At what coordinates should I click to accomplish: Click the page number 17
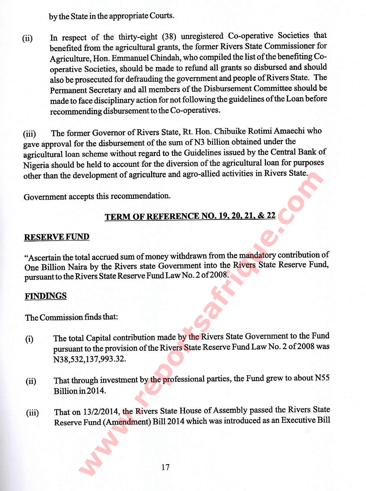point(165,467)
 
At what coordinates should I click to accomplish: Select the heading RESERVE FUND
point(57,237)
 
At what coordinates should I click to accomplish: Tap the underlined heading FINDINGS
point(46,296)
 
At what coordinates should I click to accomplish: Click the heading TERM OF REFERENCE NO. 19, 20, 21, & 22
point(190,216)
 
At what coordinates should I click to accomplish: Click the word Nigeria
point(36,165)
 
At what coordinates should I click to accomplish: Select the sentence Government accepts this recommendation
point(97,196)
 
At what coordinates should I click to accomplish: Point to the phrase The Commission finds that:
point(71,317)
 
